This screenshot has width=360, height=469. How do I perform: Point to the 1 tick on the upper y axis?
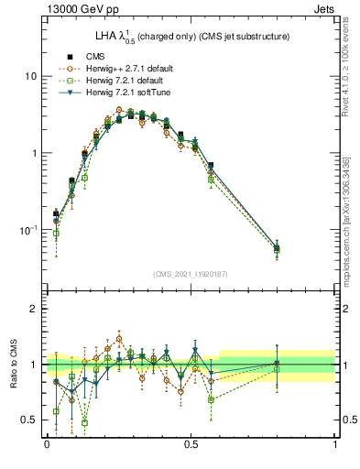point(34,153)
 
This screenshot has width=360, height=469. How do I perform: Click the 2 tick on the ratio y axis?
point(34,310)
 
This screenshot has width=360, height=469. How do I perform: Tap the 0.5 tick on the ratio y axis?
point(29,420)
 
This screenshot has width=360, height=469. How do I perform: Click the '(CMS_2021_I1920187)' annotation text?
point(191,274)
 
